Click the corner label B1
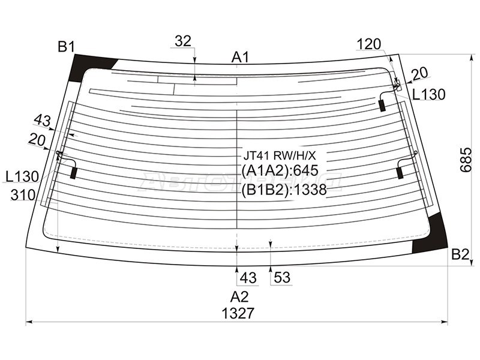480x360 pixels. pos(66,47)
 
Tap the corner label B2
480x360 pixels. pos(460,254)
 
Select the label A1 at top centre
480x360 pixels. pos(241,57)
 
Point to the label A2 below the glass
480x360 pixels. pos(239,296)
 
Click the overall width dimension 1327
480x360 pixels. pos(238,313)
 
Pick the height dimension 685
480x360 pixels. pos(466,160)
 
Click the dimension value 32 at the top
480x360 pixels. pos(183,41)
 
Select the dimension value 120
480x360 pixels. pos(369,44)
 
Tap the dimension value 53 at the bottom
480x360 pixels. pos(282,277)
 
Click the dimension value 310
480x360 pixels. pos(23,194)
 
